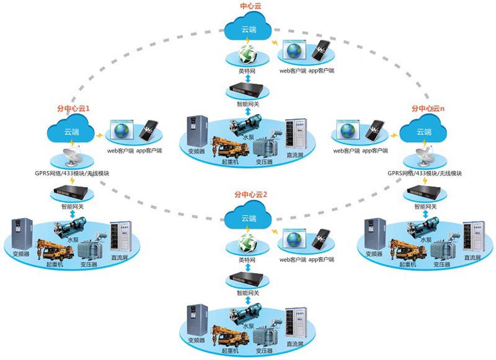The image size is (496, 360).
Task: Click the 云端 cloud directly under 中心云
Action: [249, 28]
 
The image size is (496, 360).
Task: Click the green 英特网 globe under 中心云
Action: [248, 55]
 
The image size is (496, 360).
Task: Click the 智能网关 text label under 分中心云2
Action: [249, 293]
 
